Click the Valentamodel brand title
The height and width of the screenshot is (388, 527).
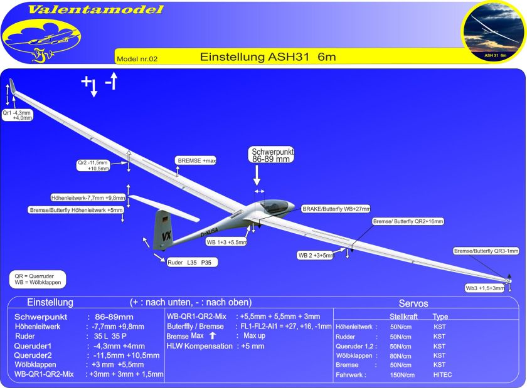tap(95, 9)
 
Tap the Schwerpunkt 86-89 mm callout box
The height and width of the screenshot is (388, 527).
tap(271, 155)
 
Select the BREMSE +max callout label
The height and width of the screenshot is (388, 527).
tap(196, 160)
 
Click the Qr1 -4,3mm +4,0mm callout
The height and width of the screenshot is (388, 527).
tap(17, 115)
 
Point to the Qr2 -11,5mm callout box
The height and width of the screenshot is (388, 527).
tap(93, 165)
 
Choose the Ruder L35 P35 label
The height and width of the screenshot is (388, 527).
tap(192, 263)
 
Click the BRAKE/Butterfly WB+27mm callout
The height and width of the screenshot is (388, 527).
tap(336, 209)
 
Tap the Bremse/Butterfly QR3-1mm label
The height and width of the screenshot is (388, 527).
tap(486, 251)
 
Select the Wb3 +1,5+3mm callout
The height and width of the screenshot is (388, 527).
tap(484, 288)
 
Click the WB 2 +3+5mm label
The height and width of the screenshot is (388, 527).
tap(315, 255)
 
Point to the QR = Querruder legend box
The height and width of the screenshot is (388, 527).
tap(38, 279)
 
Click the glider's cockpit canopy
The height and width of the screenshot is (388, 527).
tap(275, 206)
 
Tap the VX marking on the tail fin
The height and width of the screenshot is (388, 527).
tap(166, 236)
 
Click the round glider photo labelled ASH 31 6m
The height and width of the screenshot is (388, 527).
tap(493, 32)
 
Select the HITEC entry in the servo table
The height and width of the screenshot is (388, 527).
tap(442, 375)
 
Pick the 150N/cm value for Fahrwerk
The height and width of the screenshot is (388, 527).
tap(402, 375)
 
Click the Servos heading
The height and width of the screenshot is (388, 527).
tap(413, 303)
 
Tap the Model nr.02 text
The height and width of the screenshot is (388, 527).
tap(137, 59)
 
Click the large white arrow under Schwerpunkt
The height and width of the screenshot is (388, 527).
tap(257, 175)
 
